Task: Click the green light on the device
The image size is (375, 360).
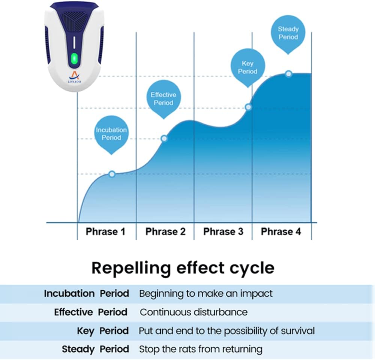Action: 74,58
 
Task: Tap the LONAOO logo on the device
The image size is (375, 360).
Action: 74,78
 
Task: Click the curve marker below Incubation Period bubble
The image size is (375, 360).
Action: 112,174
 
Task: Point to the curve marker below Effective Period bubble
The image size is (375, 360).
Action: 164,138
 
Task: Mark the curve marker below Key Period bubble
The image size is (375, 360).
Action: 248,107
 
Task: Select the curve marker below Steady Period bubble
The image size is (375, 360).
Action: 289,74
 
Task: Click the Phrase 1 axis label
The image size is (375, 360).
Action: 105,232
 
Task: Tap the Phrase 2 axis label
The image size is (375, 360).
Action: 165,232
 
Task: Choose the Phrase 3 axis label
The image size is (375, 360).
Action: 223,232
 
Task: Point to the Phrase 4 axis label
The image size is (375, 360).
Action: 281,232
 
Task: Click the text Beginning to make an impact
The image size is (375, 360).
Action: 205,294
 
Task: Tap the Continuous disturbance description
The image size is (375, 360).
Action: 194,312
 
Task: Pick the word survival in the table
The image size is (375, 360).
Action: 298,331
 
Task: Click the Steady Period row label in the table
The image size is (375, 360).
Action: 96,349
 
